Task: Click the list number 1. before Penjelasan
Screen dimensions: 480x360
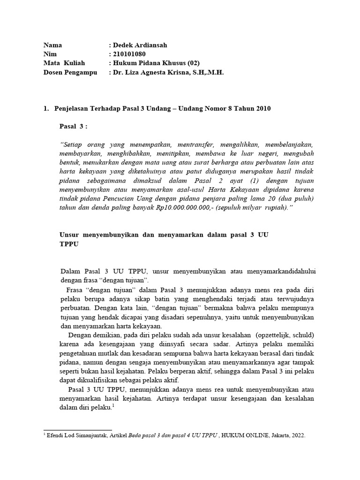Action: [46, 109]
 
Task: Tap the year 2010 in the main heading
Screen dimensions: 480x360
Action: [262, 109]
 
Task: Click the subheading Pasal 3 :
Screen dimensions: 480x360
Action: [74, 127]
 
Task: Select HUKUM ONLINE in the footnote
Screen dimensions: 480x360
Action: [243, 435]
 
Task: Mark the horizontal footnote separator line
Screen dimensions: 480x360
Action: [78, 429]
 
